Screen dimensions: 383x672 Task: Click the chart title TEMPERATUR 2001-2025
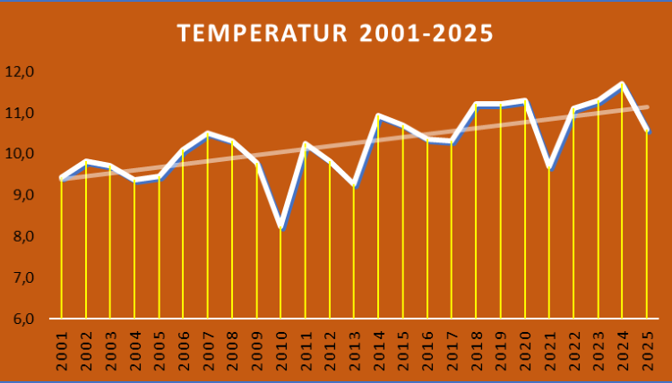pyautogui.click(x=335, y=33)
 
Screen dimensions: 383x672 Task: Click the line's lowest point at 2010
pyautogui.click(x=281, y=227)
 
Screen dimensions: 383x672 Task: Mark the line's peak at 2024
pyautogui.click(x=622, y=84)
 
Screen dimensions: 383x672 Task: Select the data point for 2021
pyautogui.click(x=549, y=167)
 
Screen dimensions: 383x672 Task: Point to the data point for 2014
pyautogui.click(x=379, y=115)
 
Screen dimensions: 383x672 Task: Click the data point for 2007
pyautogui.click(x=208, y=133)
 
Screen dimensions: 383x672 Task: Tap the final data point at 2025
pyautogui.click(x=647, y=132)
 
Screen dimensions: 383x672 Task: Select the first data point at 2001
pyautogui.click(x=62, y=178)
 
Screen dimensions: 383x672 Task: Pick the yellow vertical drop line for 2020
pyautogui.click(x=525, y=215)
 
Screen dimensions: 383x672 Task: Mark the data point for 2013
pyautogui.click(x=355, y=184)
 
